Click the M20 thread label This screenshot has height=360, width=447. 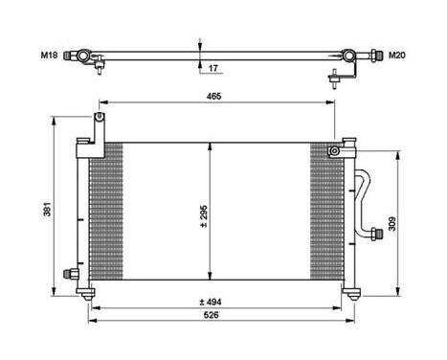click(x=395, y=55)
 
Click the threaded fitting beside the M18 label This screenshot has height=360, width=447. click(x=70, y=55)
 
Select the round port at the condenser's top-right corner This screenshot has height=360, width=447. click(x=334, y=151)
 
